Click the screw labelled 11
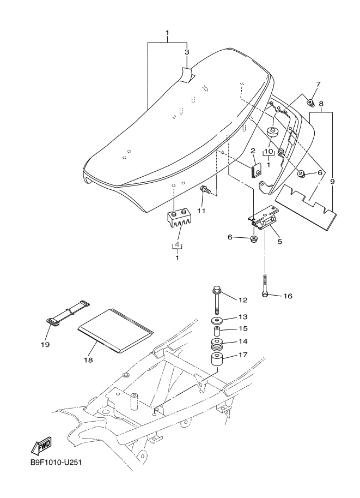coord(205,190)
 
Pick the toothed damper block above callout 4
coord(177,219)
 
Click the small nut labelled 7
coord(310,102)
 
